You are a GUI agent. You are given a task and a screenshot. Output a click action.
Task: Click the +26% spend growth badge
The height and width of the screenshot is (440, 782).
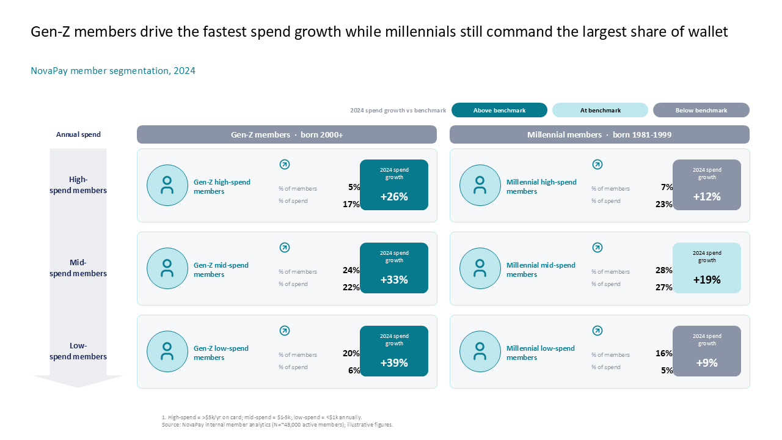tap(394, 185)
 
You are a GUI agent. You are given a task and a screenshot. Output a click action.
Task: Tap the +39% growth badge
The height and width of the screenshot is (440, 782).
tap(394, 351)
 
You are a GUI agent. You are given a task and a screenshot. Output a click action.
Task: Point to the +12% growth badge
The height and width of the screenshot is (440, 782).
tap(707, 185)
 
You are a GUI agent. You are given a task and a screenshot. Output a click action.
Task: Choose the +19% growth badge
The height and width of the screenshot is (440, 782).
tap(707, 268)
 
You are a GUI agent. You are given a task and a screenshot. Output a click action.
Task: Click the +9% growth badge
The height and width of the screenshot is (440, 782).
tap(707, 351)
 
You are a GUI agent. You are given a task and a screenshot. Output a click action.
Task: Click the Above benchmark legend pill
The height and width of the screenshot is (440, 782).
tap(499, 110)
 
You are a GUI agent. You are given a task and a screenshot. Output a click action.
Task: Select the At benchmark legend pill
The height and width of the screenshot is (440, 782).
tap(600, 110)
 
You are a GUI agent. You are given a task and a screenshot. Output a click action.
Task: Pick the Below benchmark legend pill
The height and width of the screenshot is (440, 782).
tap(701, 110)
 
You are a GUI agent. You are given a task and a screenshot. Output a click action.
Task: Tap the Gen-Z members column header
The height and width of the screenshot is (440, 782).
tap(287, 134)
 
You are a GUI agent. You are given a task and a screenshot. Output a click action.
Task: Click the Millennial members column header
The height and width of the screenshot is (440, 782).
tap(599, 134)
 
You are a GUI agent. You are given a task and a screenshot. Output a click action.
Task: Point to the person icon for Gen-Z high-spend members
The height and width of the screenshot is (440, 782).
tap(167, 185)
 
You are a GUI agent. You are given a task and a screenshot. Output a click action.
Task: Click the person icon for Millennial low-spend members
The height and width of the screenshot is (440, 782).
tap(480, 351)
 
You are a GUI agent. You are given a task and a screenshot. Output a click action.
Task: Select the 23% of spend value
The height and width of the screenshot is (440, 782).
tap(663, 204)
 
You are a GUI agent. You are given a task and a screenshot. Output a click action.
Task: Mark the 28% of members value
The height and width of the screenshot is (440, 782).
tap(663, 270)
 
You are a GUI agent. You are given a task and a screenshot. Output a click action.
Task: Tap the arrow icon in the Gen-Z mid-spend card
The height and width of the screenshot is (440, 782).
tap(285, 248)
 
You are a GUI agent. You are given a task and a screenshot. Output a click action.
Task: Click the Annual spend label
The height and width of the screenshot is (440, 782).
tap(78, 134)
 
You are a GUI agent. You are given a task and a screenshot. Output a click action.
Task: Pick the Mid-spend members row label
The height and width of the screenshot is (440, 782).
tap(78, 268)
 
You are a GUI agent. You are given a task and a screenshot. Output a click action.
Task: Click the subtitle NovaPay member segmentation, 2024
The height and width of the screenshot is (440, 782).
tap(113, 71)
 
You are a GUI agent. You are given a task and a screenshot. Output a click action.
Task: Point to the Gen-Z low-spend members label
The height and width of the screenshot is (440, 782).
tap(221, 353)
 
